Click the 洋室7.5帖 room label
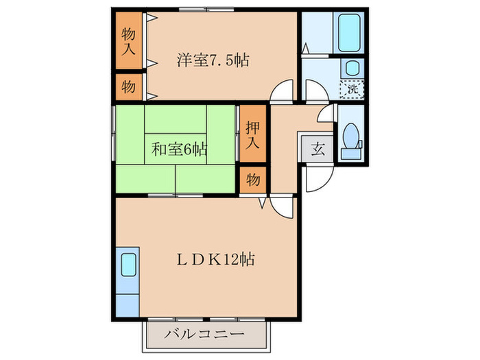click(212, 60)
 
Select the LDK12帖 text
click(214, 260)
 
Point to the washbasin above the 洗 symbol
click(351, 67)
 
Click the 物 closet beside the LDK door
click(252, 180)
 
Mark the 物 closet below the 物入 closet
click(129, 87)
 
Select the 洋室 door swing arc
click(281, 91)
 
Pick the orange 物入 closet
click(129, 41)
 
